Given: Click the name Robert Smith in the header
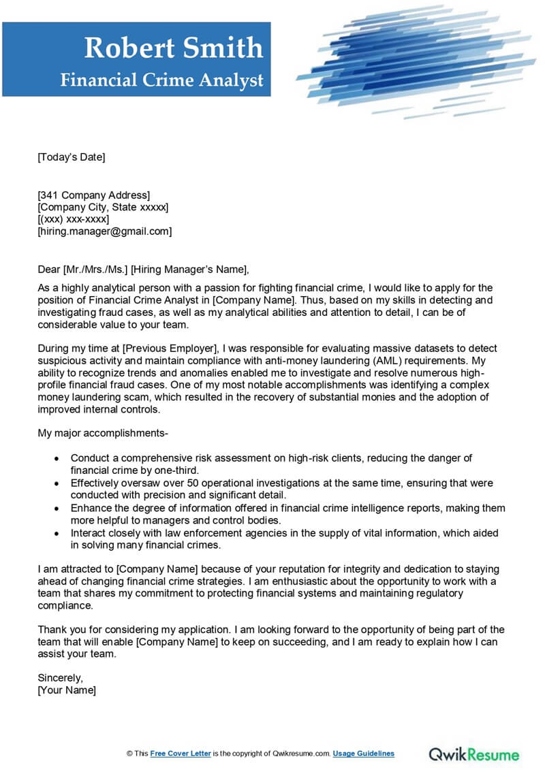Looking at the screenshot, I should click(x=173, y=48).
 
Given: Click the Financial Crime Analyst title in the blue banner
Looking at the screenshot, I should click(x=161, y=80).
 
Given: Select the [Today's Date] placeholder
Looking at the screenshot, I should click(x=72, y=157).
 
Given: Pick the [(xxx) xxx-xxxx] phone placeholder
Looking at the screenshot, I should click(x=74, y=219).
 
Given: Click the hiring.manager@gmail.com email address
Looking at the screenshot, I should click(x=105, y=231).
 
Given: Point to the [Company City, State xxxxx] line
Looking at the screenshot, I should click(x=103, y=207).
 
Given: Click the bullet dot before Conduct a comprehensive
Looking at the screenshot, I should click(x=57, y=458).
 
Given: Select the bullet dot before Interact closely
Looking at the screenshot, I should click(x=57, y=533).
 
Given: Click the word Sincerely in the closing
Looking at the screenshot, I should click(x=60, y=678).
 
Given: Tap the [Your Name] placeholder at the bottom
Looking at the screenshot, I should click(x=67, y=690).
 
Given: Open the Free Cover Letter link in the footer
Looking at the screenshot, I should click(x=181, y=754).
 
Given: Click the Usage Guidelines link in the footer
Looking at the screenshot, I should click(x=364, y=754).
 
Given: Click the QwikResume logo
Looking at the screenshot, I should click(x=473, y=754).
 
